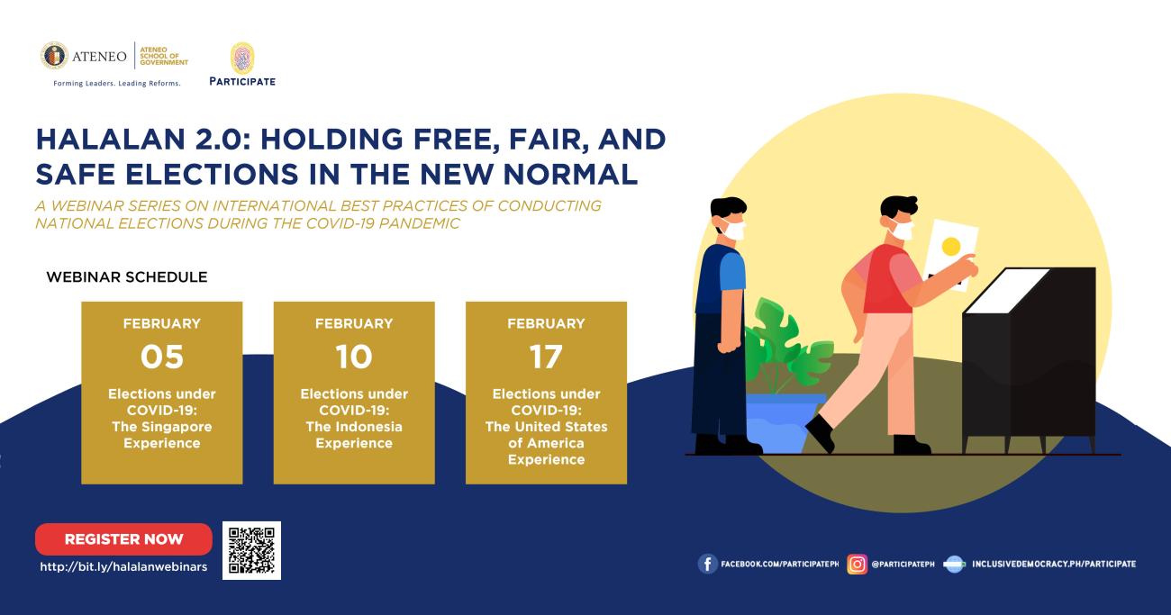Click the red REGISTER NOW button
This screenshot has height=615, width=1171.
tap(124, 538)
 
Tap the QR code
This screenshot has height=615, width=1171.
tap(251, 550)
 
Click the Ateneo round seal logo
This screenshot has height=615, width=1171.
tap(54, 56)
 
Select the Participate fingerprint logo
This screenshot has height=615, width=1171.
tap(242, 58)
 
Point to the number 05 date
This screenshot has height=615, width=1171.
tap(162, 357)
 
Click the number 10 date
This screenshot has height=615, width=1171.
tap(354, 357)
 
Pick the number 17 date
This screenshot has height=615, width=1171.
tap(546, 357)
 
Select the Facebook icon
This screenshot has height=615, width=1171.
tap(707, 565)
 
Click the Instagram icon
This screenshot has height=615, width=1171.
tap(857, 565)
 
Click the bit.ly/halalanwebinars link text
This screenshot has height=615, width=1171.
tap(124, 567)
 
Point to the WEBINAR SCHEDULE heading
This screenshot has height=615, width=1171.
tap(127, 277)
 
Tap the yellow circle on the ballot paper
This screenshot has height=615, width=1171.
tap(951, 247)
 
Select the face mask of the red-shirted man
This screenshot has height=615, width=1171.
tap(903, 230)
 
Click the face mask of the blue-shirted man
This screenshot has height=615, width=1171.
tap(733, 230)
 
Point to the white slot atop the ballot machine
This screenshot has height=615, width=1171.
tap(1007, 291)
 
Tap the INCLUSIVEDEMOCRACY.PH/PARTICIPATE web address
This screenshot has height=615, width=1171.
tap(1054, 565)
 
